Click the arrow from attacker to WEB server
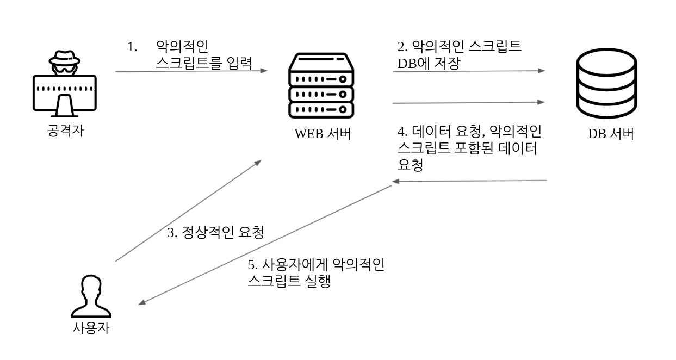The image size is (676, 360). pyautogui.click(x=190, y=71)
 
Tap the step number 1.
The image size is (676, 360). pyautogui.click(x=132, y=47)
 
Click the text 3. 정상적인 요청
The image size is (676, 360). pyautogui.click(x=215, y=234)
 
